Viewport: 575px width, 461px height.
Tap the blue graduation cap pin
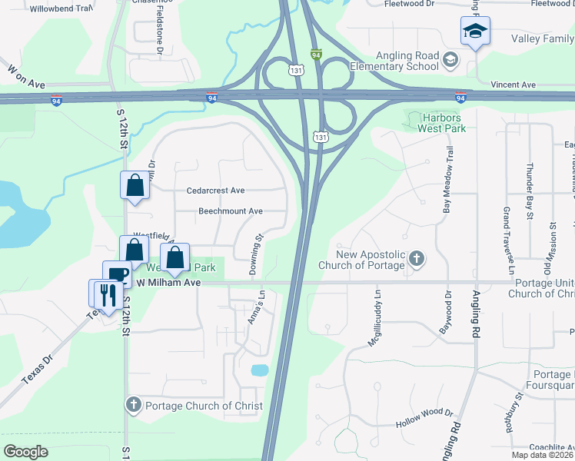[475, 32]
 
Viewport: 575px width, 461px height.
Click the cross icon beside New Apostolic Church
[416, 257]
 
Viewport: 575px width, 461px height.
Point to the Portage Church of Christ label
[204, 406]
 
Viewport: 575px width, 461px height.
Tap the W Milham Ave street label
[168, 283]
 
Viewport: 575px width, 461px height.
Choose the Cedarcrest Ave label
[215, 191]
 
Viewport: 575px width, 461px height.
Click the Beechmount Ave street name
[231, 211]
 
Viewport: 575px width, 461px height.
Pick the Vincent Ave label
[513, 85]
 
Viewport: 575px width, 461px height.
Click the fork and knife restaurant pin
[108, 294]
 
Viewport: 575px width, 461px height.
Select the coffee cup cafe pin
[118, 275]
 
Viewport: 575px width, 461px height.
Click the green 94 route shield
[316, 55]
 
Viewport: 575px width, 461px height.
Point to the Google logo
[25, 452]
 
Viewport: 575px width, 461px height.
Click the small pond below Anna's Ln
[260, 370]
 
